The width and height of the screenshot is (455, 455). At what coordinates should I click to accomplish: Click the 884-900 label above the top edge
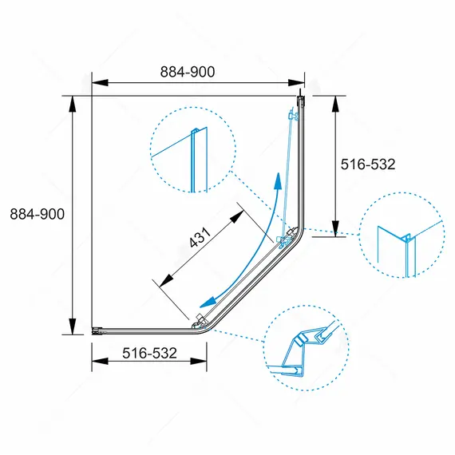click(x=188, y=72)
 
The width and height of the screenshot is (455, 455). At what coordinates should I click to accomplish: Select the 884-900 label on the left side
click(x=38, y=214)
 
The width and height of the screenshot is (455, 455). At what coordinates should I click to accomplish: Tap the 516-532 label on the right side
click(x=368, y=164)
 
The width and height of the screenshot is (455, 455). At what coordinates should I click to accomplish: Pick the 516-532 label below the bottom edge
click(x=149, y=353)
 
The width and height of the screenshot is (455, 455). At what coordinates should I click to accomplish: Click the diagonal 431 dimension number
click(x=200, y=237)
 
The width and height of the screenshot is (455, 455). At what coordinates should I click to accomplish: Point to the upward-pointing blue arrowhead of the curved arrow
click(x=279, y=180)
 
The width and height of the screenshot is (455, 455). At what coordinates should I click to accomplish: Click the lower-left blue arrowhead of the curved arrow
click(x=208, y=302)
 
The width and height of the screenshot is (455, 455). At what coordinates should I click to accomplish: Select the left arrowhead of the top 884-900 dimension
click(x=100, y=83)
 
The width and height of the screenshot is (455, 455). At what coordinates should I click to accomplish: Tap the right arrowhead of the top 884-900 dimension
click(x=296, y=83)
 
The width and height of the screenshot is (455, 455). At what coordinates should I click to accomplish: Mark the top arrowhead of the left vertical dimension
click(x=73, y=104)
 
